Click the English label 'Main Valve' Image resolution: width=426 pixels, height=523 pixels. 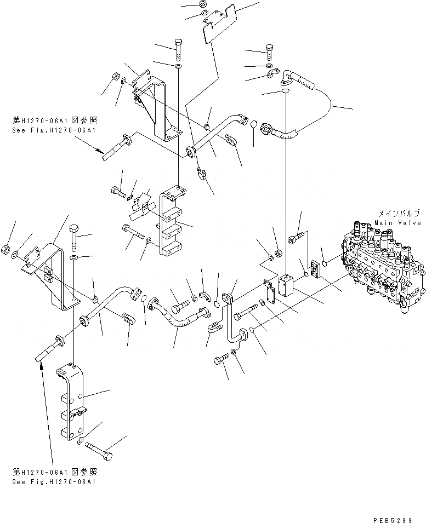point(398,223)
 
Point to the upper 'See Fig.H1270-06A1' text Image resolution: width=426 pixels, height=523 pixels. point(54,130)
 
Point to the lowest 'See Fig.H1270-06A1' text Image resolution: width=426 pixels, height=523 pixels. point(54,481)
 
